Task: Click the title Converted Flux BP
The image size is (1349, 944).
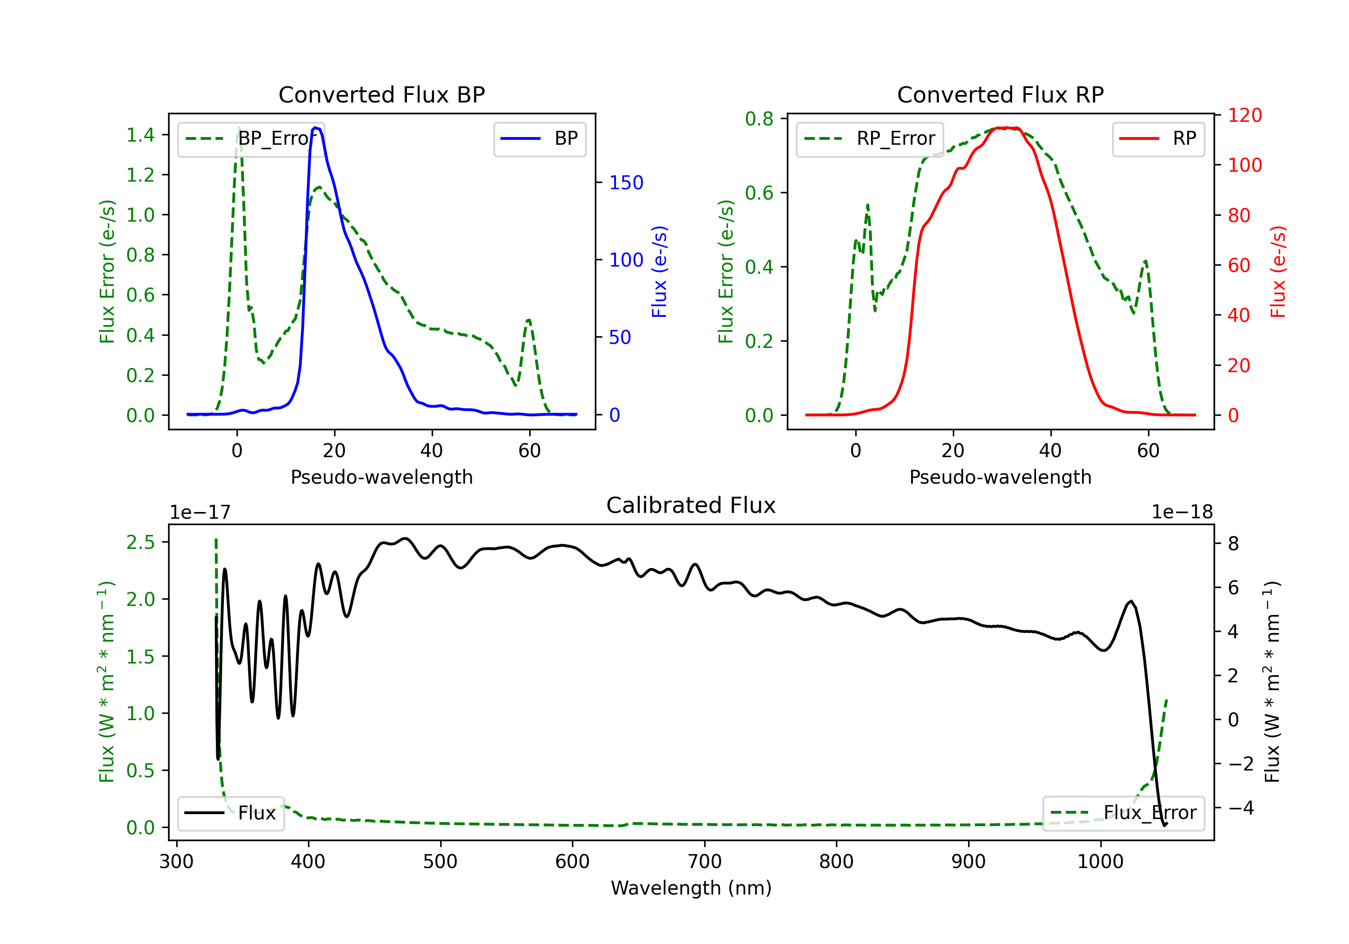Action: coord(381,94)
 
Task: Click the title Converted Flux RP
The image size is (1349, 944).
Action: coord(1000,94)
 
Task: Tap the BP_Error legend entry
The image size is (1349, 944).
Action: coord(251,138)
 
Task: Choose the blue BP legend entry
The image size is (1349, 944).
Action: coord(539,138)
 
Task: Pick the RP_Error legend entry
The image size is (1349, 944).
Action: coord(870,138)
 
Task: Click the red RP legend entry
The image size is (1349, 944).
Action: coord(1158,138)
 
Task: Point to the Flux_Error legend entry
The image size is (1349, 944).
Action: coord(1123,813)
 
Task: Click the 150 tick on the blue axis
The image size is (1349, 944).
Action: coord(626,183)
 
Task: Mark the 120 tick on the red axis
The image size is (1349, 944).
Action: coord(1244,115)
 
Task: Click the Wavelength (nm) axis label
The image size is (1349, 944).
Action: coord(691,888)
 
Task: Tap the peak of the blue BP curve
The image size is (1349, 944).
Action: coord(316,128)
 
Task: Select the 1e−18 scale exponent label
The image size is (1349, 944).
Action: coord(1182,512)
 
